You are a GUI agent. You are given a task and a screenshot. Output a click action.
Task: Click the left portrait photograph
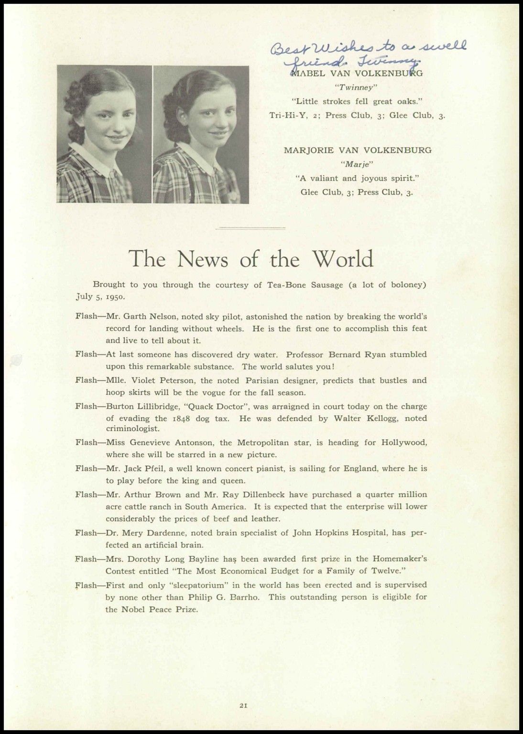tap(104, 134)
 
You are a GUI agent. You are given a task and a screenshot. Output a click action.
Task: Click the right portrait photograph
tap(201, 134)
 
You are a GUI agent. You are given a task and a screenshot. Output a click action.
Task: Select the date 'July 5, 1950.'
tap(100, 296)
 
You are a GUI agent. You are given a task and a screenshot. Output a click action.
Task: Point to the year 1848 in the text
tap(180, 419)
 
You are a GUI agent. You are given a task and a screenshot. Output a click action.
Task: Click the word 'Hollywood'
tap(404, 443)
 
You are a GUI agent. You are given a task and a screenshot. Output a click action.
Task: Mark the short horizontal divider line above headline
tap(251, 228)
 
